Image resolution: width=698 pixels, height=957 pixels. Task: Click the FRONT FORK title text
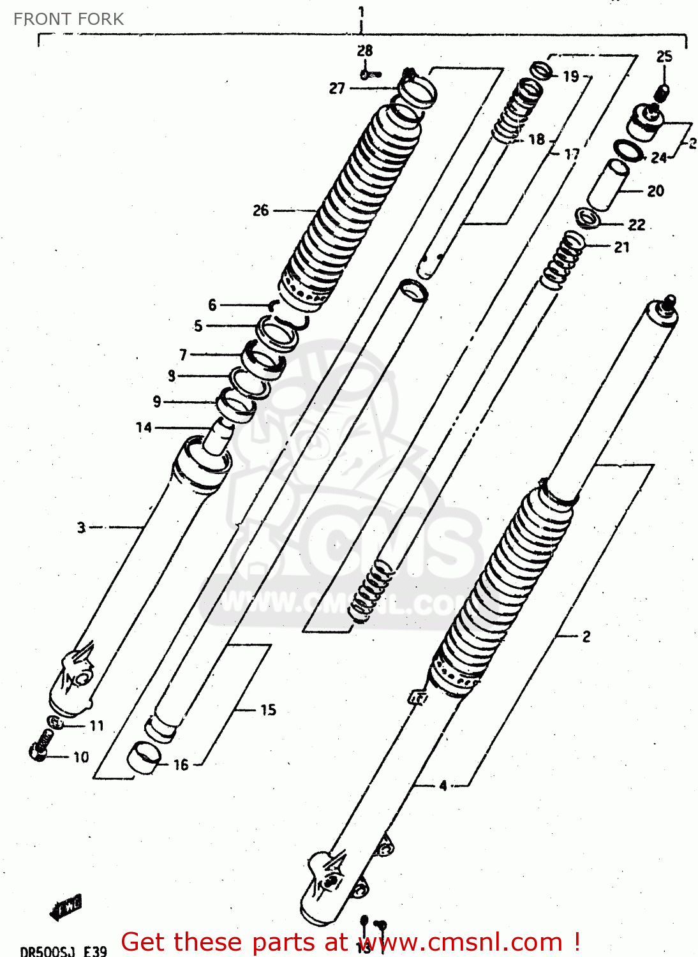coord(68,19)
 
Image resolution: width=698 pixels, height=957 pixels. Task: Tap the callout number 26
coord(260,210)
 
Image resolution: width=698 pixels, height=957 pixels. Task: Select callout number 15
coord(268,709)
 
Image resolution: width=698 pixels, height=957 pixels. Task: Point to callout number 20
coord(655,191)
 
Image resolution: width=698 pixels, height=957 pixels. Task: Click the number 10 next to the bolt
coord(81,757)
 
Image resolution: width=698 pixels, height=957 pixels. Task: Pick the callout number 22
coord(636,225)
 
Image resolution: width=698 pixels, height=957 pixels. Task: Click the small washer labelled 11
coord(56,723)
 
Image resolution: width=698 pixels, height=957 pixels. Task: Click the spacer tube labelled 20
coord(607,185)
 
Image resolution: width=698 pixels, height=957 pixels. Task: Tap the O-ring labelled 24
coord(628,151)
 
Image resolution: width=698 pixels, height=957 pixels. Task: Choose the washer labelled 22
coord(588,218)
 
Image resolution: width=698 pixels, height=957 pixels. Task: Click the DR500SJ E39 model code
coord(63,951)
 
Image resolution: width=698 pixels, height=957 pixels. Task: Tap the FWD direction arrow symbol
coord(66,906)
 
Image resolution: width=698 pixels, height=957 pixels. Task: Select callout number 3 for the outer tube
coord(81,528)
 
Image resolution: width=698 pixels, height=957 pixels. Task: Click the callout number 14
coord(144,427)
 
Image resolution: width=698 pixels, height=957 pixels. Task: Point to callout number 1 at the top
coord(361,11)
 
